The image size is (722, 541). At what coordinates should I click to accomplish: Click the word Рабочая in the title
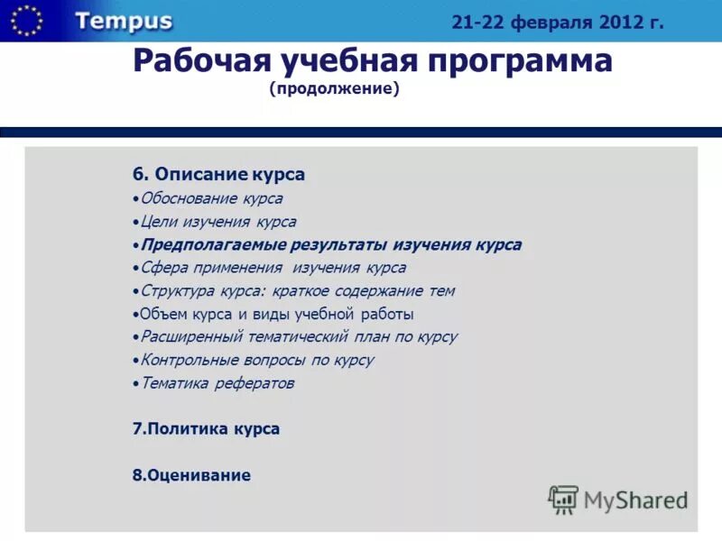point(185,61)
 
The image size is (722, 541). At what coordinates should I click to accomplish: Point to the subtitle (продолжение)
point(334,90)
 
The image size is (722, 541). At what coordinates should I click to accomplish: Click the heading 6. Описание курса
point(218,174)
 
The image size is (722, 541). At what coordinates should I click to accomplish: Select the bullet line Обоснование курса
point(210,198)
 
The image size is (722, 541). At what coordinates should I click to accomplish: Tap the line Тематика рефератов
point(217,384)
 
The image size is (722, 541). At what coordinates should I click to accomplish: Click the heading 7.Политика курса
point(206,429)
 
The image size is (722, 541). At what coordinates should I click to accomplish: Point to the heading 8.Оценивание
point(191,475)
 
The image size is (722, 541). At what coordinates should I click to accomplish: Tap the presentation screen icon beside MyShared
point(563,500)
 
